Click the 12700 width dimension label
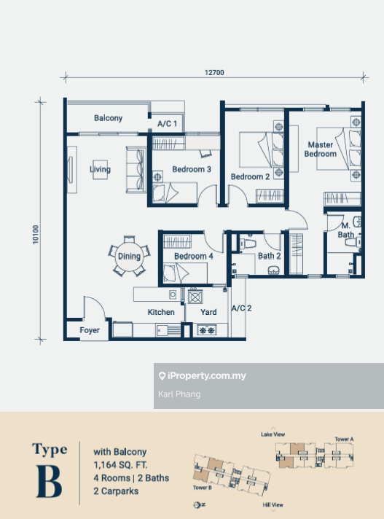point(214,72)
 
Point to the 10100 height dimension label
point(36,235)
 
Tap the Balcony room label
point(108,118)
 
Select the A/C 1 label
point(167,124)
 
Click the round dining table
point(129,256)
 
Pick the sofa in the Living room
point(136,170)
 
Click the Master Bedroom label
point(320,149)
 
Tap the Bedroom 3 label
point(192,169)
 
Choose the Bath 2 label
point(269,256)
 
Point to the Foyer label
point(90,330)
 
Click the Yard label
point(208,312)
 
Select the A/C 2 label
point(241,308)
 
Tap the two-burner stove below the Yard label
point(206,330)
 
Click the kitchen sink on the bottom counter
point(168,330)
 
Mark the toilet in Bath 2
point(248,243)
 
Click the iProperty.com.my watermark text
point(207,375)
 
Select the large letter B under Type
point(49,482)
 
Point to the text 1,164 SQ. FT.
point(120,465)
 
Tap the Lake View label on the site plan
point(273,434)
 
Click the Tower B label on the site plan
point(203,488)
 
